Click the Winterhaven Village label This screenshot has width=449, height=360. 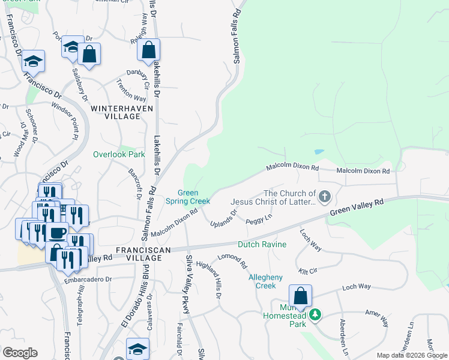122,112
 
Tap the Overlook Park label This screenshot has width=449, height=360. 119,154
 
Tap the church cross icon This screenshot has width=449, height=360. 325,196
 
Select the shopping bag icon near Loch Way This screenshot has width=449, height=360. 300,296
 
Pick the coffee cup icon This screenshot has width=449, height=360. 58,232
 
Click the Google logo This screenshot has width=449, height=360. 20,353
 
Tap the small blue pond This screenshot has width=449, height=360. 318,152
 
